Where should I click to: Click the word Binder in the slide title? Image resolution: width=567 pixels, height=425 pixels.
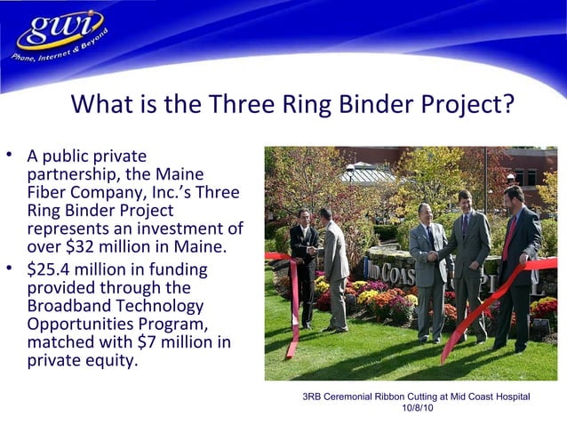pos(365,105)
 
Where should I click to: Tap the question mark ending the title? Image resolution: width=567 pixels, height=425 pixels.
pos(507,105)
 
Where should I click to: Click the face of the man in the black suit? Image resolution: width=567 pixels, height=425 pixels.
pos(304,217)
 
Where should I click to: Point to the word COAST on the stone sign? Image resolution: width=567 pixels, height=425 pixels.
pos(401,266)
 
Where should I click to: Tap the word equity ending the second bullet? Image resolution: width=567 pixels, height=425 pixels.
pos(113,361)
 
